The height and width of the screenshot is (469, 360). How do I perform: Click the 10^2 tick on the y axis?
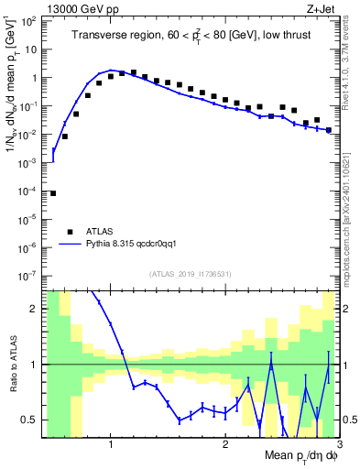(x=29, y=21)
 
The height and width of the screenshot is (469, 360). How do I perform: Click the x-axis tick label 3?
(x=338, y=443)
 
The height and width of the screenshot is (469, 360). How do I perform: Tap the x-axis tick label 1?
(x=111, y=443)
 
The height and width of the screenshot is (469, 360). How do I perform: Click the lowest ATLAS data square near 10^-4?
(x=53, y=193)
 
